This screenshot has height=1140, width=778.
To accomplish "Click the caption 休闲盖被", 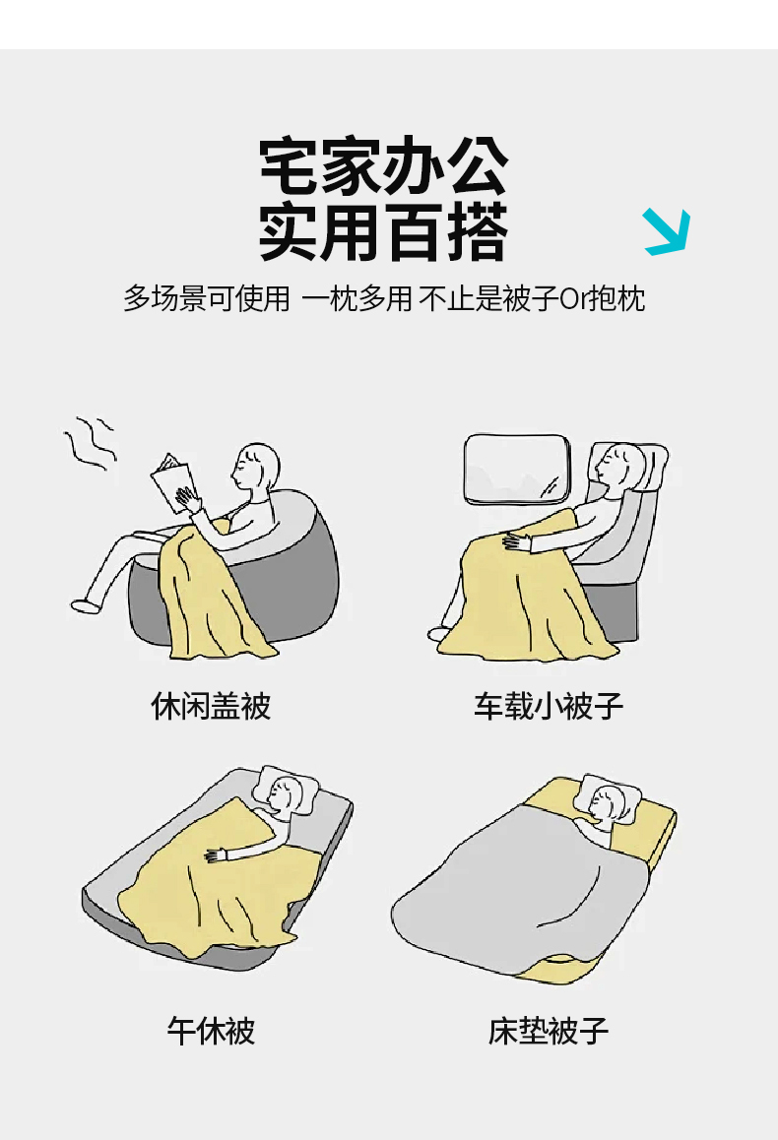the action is (211, 705).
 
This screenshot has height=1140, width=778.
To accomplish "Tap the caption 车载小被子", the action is (549, 705).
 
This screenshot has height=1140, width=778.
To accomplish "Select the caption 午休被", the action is (211, 1030).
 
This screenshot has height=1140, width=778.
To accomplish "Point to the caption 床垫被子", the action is (549, 1030).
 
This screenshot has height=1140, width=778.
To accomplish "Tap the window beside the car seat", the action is (517, 469).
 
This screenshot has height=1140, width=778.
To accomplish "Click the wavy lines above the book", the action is (91, 443).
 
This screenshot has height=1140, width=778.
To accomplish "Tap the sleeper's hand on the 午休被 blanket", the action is (217, 855).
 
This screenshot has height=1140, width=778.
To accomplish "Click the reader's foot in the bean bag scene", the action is (85, 604).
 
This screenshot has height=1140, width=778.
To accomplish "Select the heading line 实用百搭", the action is (384, 232).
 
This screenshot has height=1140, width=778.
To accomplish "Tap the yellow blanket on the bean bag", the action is (211, 593).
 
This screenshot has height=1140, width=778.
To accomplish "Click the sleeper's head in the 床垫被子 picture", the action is (607, 804).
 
